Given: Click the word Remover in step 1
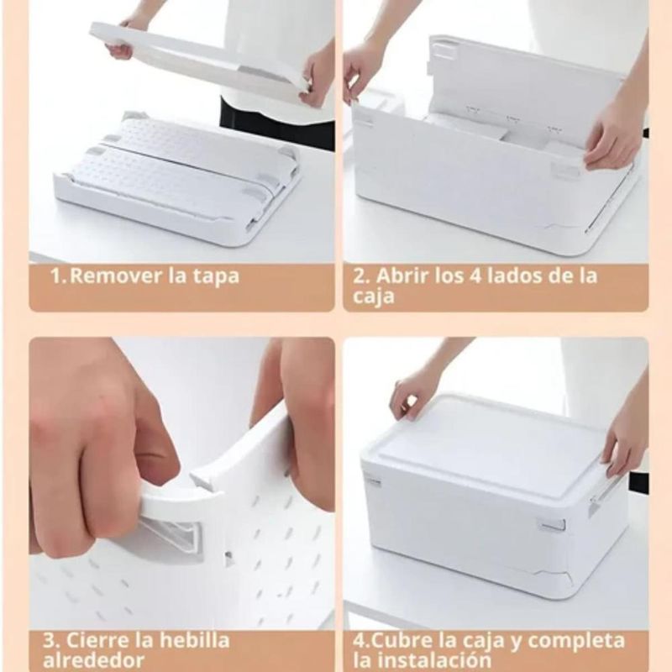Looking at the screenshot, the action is [116, 276].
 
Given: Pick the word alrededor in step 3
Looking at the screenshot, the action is [93, 661].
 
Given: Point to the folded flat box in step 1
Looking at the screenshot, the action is [176, 180].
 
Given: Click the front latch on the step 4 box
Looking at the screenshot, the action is [553, 526].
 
